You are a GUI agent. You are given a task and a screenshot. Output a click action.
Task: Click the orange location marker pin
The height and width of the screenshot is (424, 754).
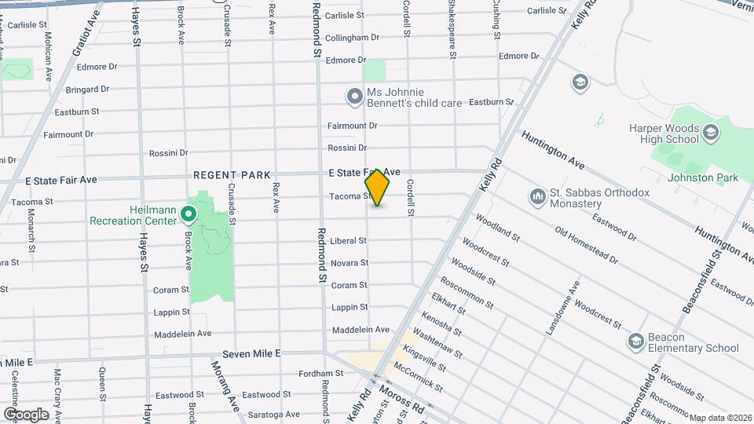(x=378, y=187)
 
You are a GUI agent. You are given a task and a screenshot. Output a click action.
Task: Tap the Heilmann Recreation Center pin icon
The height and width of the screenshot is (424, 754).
(x=188, y=213)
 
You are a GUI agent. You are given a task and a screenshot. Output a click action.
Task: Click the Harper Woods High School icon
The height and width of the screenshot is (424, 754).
(x=711, y=133)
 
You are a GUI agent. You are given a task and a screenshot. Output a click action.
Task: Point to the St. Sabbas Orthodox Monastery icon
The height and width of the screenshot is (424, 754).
(x=539, y=195)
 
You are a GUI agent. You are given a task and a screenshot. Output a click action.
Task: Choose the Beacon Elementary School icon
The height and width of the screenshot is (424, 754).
(x=635, y=342)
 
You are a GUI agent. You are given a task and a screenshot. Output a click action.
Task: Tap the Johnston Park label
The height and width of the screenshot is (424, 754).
(x=702, y=177)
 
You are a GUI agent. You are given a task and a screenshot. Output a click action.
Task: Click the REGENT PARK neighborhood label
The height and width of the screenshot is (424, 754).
(x=232, y=175)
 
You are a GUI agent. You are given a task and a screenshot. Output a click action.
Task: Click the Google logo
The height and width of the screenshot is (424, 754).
(x=26, y=414)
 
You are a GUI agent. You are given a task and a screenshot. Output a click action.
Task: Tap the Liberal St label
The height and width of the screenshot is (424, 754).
(x=348, y=241)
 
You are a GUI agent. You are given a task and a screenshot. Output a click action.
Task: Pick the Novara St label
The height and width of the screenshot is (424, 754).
(x=349, y=263)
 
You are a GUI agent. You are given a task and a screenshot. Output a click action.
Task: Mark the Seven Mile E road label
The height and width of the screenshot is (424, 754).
(x=251, y=354)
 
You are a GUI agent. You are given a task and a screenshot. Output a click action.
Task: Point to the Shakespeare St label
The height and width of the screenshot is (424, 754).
(x=452, y=29)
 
